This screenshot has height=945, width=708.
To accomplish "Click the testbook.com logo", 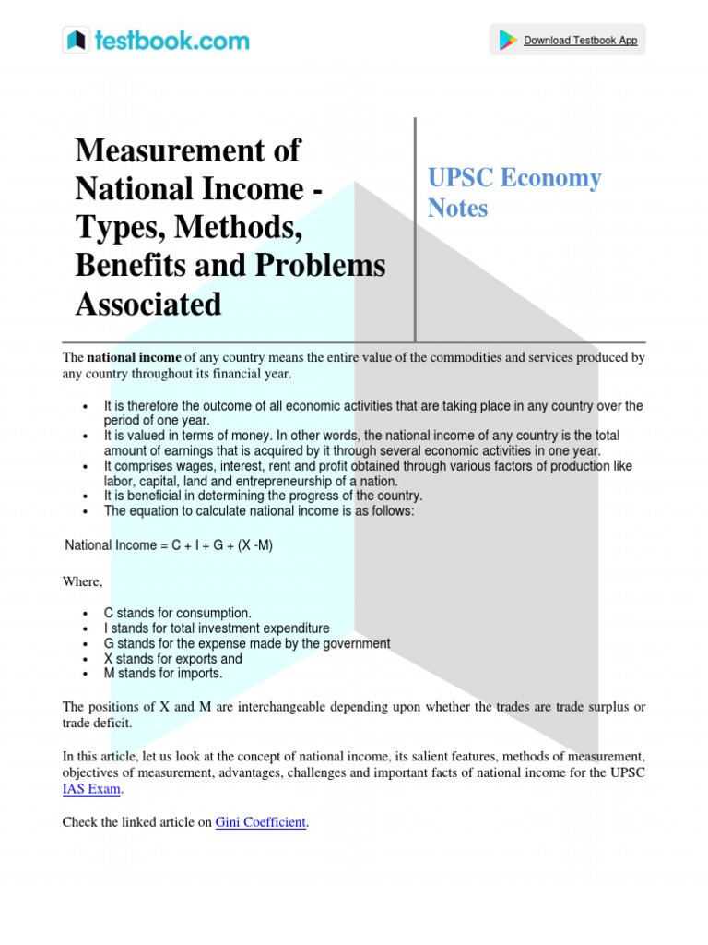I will tap(156, 41).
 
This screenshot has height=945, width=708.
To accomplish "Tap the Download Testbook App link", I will tap(580, 41).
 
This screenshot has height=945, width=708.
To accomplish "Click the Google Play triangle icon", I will tap(508, 41).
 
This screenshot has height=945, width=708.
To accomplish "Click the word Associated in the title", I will tap(148, 304).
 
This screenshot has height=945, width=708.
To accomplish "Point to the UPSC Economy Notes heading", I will tap(513, 193).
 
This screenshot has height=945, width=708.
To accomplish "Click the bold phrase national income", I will tap(135, 357).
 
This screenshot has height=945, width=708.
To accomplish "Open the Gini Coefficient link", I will tap(260, 822).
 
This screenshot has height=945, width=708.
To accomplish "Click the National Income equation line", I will tap(169, 545).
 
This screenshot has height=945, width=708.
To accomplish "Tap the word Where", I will tap(82, 581).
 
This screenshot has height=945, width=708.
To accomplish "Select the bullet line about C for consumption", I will tap(177, 613).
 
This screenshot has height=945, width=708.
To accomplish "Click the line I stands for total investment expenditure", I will tap(217, 628).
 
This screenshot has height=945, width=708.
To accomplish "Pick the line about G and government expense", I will tap(247, 643).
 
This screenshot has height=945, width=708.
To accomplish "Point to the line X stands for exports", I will tap(173, 659).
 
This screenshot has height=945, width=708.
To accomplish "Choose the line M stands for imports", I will tap(163, 674).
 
